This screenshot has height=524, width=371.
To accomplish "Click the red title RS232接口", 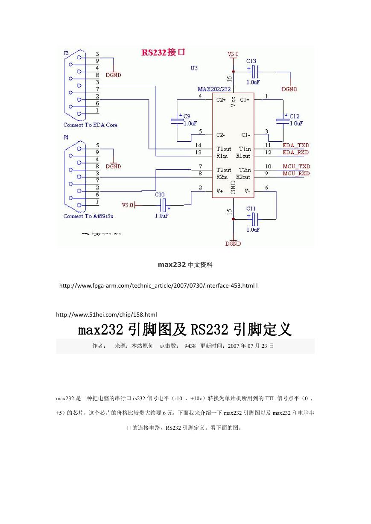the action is [164, 52].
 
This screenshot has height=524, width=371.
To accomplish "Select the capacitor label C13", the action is [251, 61].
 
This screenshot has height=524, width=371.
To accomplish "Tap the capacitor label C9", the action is [187, 116].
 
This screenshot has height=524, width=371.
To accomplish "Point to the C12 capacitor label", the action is [295, 116].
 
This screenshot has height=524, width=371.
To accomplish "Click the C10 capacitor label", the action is [160, 195].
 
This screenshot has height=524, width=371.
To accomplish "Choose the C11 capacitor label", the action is [251, 208].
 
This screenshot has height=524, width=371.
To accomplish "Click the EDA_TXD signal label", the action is [296, 145].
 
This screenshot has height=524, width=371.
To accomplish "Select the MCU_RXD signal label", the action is [296, 173].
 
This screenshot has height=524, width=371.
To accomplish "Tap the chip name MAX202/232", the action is [214, 89].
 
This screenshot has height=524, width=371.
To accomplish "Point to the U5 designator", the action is [194, 68].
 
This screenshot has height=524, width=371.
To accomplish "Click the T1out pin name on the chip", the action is [224, 149].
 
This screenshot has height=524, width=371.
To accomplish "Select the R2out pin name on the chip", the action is [243, 177].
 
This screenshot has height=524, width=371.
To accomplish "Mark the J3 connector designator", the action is [66, 53].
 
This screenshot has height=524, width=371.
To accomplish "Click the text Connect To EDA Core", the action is [91, 125].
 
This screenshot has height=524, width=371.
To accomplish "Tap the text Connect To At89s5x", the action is [88, 216].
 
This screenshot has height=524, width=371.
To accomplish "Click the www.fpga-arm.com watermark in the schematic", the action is [101, 233].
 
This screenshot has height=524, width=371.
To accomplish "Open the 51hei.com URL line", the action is [106, 314].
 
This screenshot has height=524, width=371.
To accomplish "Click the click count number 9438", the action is [190, 346].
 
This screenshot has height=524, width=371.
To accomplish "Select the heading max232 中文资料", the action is [185, 265].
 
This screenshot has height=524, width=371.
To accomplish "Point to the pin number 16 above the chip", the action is [229, 79].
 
